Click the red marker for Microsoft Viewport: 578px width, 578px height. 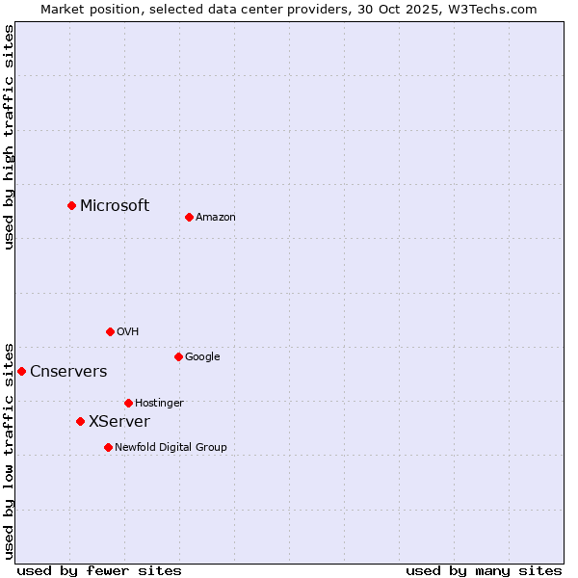coord(71,205)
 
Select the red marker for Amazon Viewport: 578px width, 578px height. coord(189,217)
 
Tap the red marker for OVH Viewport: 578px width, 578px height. coord(110,331)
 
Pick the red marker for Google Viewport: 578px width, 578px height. coord(178,356)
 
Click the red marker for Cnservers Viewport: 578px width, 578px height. coord(21,371)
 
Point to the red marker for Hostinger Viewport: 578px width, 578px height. coord(128,403)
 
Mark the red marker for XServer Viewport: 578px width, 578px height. coord(80,421)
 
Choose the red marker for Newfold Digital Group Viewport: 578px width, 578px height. coord(108,447)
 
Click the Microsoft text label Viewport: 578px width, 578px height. coord(115,205)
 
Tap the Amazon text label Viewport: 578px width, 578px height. coord(216,217)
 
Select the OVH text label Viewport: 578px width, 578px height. coord(128,331)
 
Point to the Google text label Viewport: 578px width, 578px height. coord(202,356)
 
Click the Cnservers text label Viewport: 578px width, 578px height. coord(68,371)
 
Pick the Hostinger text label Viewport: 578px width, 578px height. coord(159,403)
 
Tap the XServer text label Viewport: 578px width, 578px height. coord(119,421)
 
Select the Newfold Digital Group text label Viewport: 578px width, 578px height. coord(171,447)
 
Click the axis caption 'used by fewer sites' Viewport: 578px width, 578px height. coord(99,570)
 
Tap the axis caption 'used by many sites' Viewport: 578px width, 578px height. coord(484,570)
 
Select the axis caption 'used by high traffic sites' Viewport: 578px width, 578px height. coord(9,137)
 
